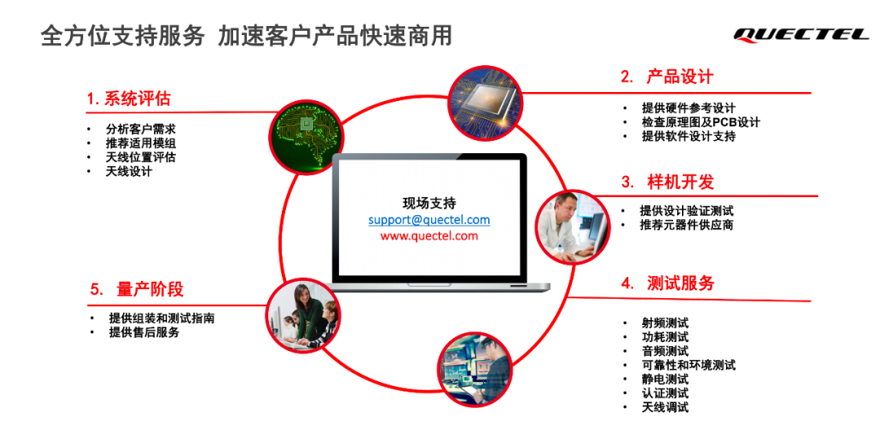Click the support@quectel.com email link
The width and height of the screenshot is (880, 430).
[x=429, y=220]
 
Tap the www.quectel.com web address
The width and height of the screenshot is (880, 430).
[x=429, y=236]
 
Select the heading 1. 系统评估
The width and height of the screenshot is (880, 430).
[x=129, y=99]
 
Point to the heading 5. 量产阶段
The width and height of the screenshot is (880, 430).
[x=137, y=289]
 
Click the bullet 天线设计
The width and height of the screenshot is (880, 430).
[x=129, y=171]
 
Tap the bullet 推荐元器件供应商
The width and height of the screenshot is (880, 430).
[x=686, y=225]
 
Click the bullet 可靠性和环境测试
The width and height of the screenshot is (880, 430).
[x=689, y=365]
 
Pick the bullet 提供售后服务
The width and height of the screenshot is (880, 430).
[x=144, y=332]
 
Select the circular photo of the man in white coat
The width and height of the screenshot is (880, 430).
[x=572, y=226]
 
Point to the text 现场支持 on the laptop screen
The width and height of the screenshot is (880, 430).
[x=429, y=203]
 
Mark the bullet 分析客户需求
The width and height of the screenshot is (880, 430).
[x=140, y=129]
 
